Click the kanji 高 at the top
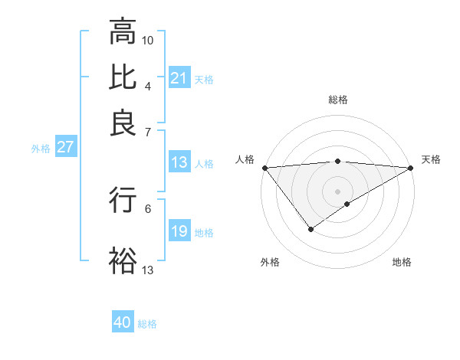tap(123, 33)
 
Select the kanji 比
tap(123, 79)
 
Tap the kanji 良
tap(123, 123)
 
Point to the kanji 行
tap(123, 199)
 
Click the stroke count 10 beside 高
tap(148, 39)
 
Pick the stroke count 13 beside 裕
tap(148, 270)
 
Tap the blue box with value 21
tap(179, 78)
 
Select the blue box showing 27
tap(65, 147)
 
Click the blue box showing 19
tap(179, 231)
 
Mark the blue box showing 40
tap(123, 322)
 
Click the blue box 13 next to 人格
tap(179, 162)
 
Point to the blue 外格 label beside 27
tap(41, 149)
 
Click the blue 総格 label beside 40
tap(147, 324)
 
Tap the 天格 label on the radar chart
tap(431, 159)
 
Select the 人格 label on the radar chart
tap(245, 159)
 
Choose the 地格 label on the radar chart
tap(402, 263)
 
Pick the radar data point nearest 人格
tap(264, 168)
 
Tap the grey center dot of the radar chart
tap(337, 191)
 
